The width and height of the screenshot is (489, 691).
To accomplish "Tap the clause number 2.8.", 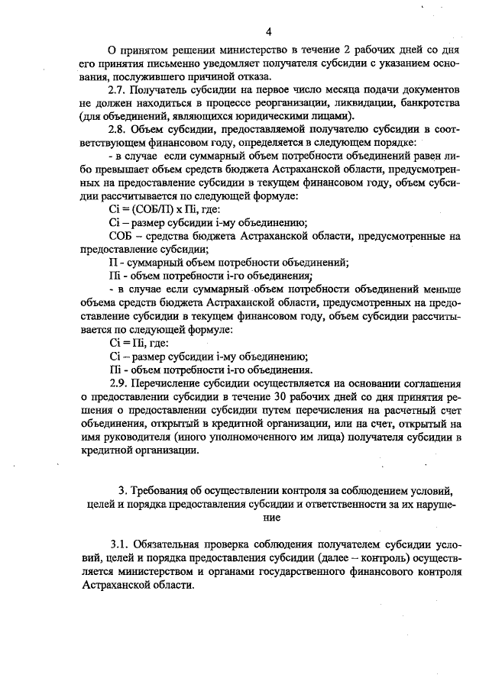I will click(121, 129).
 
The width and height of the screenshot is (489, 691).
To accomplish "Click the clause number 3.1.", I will click(121, 546).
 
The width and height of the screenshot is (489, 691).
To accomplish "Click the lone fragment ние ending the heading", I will click(269, 517).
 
